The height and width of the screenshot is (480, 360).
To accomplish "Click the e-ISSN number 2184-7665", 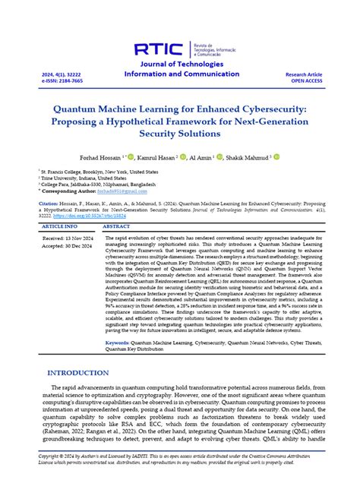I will [x=54, y=80].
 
